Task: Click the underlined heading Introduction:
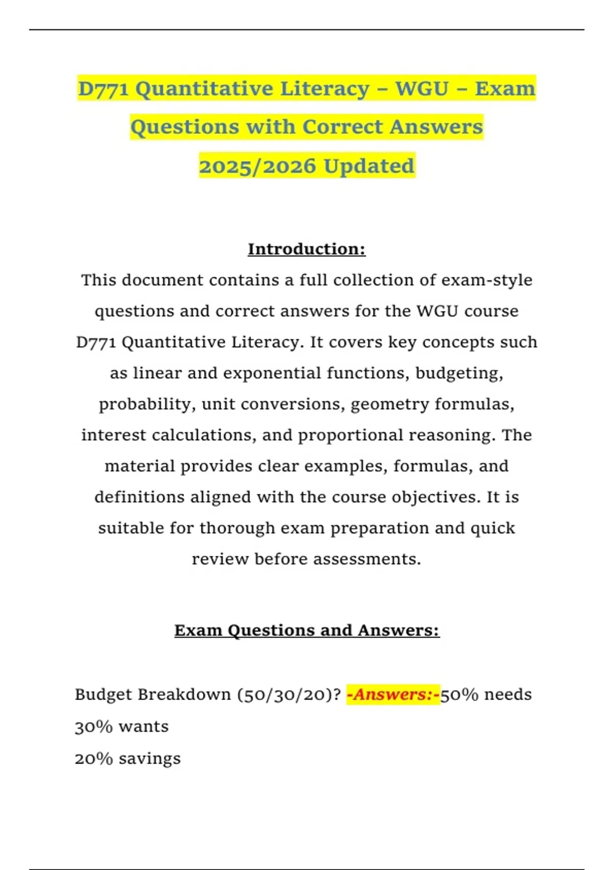tap(306, 249)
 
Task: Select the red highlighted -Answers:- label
tap(393, 694)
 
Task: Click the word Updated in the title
tap(368, 166)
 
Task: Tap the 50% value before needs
tap(459, 694)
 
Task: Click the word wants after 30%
tap(143, 727)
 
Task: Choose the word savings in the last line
tap(149, 758)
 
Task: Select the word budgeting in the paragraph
tap(459, 373)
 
